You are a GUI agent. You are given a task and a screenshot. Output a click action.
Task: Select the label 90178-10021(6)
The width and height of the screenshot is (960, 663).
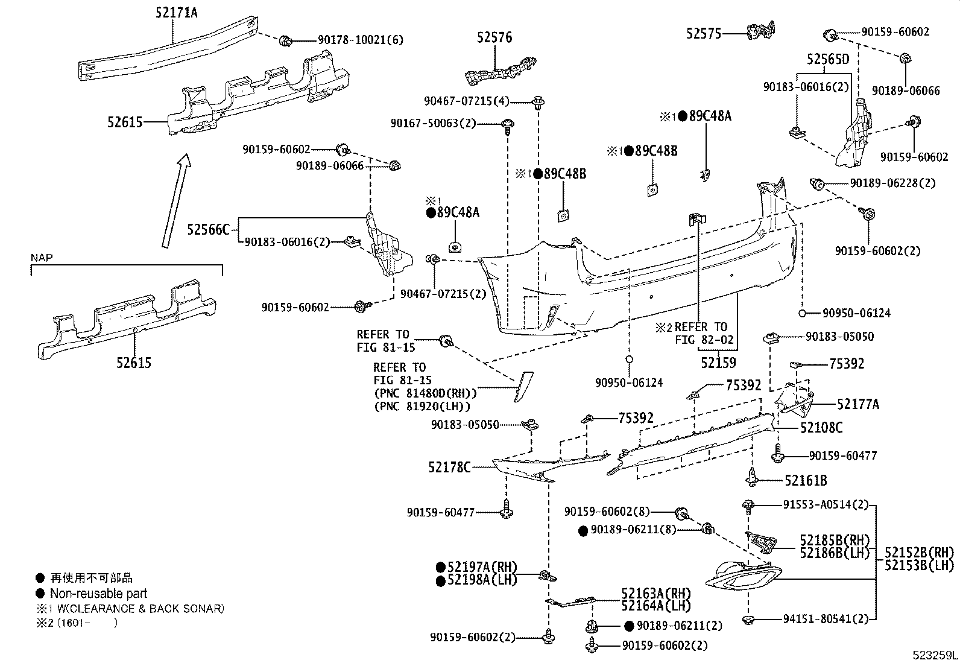pyautogui.click(x=361, y=40)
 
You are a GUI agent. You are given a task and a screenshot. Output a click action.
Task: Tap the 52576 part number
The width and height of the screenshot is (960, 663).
pyautogui.click(x=494, y=37)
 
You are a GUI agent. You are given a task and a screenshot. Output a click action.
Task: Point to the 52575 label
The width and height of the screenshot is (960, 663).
pyautogui.click(x=703, y=34)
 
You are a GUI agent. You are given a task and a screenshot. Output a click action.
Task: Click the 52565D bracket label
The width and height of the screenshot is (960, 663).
pyautogui.click(x=828, y=59)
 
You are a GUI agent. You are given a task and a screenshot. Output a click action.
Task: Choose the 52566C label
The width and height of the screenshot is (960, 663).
pyautogui.click(x=209, y=230)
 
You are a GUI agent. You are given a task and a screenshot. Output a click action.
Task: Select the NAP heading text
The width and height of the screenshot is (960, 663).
pyautogui.click(x=42, y=258)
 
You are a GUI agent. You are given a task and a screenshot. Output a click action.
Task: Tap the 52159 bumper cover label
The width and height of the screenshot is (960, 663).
pyautogui.click(x=718, y=363)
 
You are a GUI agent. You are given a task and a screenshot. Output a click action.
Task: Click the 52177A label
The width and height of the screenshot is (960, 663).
pyautogui.click(x=857, y=404)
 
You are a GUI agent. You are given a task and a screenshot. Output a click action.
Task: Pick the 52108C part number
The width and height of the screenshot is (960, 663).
pyautogui.click(x=821, y=428)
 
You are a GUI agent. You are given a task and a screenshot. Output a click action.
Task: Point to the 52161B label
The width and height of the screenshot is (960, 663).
pyautogui.click(x=806, y=481)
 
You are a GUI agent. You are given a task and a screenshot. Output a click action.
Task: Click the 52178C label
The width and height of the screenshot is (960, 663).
pyautogui.click(x=449, y=467)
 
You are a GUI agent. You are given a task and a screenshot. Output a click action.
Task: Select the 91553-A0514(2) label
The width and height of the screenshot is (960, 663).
pyautogui.click(x=826, y=504)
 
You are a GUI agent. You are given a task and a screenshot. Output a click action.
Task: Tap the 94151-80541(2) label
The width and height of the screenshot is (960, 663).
pyautogui.click(x=826, y=619)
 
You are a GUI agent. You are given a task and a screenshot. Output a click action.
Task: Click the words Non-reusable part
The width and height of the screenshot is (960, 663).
pyautogui.click(x=98, y=594)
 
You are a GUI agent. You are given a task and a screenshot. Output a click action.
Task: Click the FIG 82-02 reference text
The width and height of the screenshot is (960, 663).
pyautogui.click(x=704, y=340)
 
